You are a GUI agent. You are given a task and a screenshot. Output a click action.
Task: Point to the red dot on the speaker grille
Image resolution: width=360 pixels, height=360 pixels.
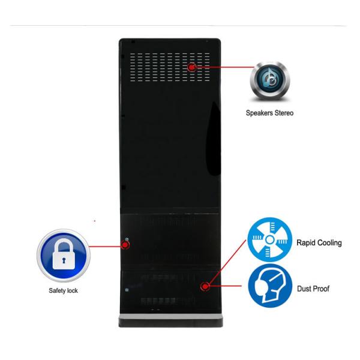point(192,67)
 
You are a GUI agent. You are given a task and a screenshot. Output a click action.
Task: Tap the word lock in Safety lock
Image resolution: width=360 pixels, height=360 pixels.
point(73,291)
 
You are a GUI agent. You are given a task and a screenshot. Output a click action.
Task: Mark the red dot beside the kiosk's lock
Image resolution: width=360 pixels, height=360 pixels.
point(126,244)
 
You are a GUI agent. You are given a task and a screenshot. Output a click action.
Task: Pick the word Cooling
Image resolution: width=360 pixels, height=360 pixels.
point(329,243)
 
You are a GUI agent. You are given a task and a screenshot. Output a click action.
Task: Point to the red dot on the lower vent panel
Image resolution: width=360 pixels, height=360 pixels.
point(205,286)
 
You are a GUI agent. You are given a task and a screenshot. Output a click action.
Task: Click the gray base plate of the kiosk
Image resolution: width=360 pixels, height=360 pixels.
point(171,316)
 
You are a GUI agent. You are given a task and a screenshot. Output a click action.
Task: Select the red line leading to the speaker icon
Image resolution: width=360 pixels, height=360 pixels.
point(222,67)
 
